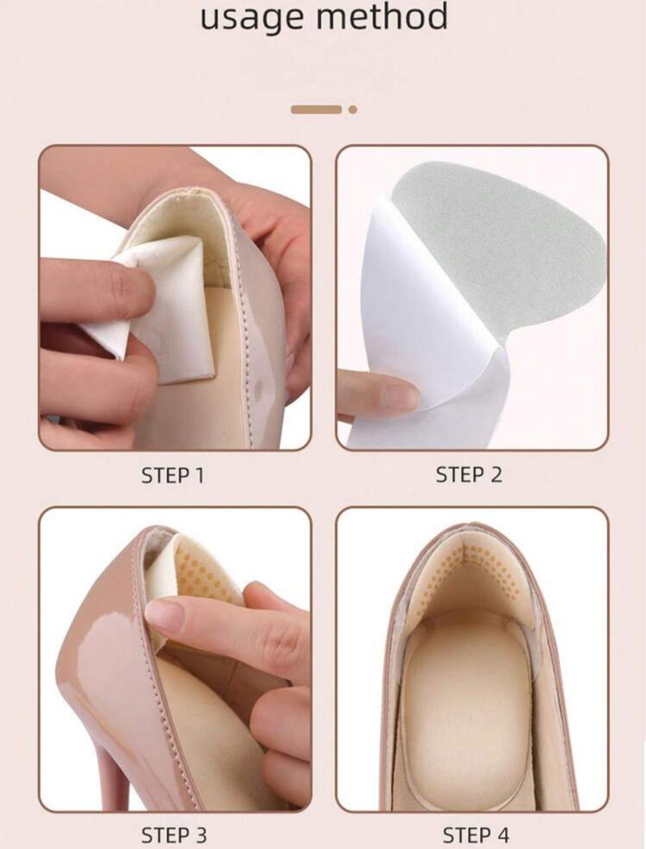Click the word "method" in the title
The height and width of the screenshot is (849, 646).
coord(382,15)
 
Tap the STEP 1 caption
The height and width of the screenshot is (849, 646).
coord(172,476)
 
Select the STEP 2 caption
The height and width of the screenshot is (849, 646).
coord(469,475)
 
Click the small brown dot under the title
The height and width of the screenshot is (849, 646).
coord(353,110)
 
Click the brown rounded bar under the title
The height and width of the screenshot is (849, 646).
coord(316,110)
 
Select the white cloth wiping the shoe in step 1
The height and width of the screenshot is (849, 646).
coord(155,306)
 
